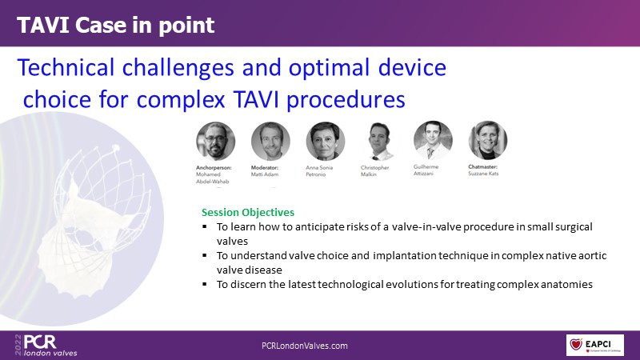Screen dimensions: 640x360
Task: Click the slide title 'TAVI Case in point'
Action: pyautogui.click(x=115, y=26)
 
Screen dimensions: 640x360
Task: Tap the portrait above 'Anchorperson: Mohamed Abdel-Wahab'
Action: pyautogui.click(x=215, y=141)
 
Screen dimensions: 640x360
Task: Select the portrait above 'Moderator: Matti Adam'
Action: pyautogui.click(x=270, y=141)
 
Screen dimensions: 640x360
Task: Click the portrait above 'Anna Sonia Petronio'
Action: pyautogui.click(x=326, y=141)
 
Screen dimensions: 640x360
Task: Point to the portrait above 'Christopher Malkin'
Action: pyautogui.click(x=380, y=141)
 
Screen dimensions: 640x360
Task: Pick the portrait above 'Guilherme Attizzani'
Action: pyautogui.click(x=433, y=140)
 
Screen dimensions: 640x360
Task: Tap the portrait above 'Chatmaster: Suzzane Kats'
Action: pyautogui.click(x=488, y=140)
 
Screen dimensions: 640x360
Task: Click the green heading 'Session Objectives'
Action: pyautogui.click(x=248, y=212)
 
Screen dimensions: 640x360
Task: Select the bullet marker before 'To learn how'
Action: pyautogui.click(x=205, y=226)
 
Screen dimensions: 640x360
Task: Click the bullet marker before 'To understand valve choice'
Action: pyautogui.click(x=205, y=255)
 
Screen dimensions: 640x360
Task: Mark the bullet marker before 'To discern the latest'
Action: pyautogui.click(x=205, y=284)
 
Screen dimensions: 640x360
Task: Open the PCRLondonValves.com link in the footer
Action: pyautogui.click(x=305, y=346)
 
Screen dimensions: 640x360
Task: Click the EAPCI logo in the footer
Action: pyautogui.click(x=594, y=345)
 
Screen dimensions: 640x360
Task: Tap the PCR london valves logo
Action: pyautogui.click(x=46, y=345)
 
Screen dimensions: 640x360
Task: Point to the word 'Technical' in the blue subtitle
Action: pyautogui.click(x=66, y=68)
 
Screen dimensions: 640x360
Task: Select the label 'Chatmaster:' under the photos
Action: pyautogui.click(x=483, y=166)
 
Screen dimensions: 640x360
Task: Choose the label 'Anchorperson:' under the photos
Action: pyautogui.click(x=214, y=167)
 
